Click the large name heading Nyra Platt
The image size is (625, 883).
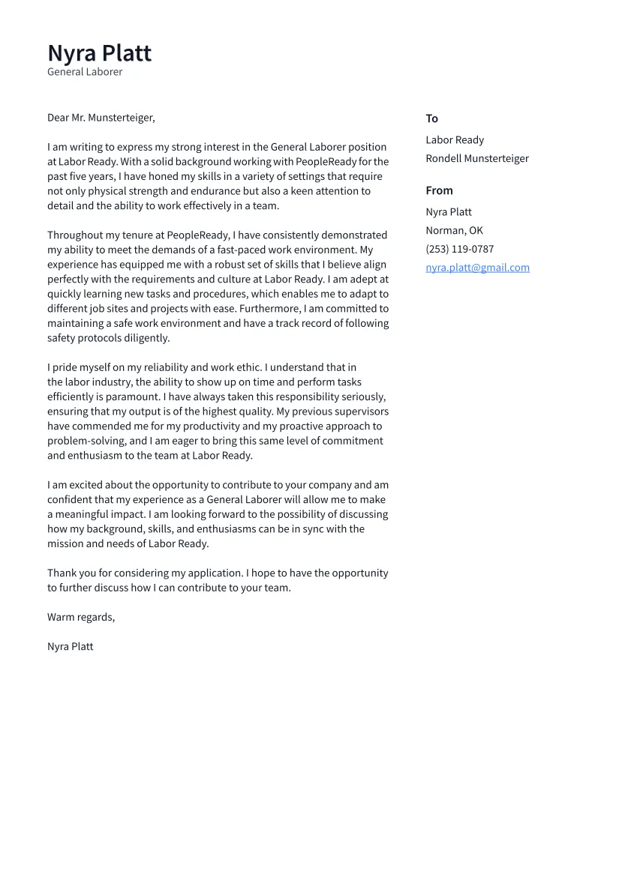pyautogui.click(x=99, y=53)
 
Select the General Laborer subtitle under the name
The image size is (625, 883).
pyautogui.click(x=85, y=72)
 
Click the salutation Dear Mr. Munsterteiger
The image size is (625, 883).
pyautogui.click(x=101, y=118)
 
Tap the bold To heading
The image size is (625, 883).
pyautogui.click(x=431, y=118)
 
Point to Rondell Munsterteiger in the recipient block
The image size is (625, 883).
pyautogui.click(x=476, y=158)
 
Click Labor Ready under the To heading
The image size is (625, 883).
pyautogui.click(x=455, y=140)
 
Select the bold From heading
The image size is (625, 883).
pyautogui.click(x=439, y=190)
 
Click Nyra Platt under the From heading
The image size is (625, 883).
pyautogui.click(x=449, y=212)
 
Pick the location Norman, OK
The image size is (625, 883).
pyautogui.click(x=454, y=230)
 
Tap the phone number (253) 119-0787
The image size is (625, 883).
pyautogui.click(x=459, y=249)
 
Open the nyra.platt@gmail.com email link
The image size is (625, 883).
pyautogui.click(x=477, y=268)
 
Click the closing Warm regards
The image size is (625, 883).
pyautogui.click(x=81, y=617)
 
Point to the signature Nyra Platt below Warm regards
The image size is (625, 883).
pyautogui.click(x=71, y=646)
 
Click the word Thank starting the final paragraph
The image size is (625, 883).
pyautogui.click(x=62, y=573)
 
